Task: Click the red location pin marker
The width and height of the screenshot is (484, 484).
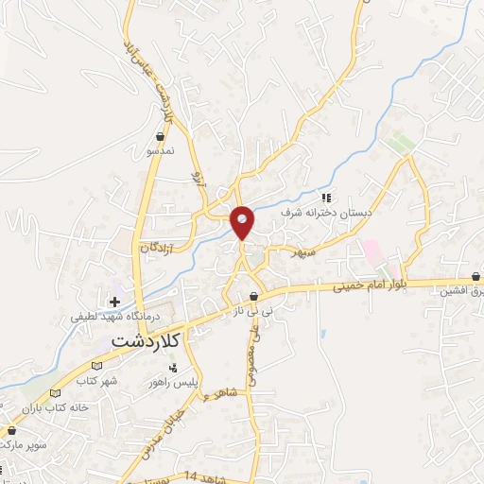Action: pyautogui.click(x=243, y=221)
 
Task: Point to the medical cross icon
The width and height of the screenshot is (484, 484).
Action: pyautogui.click(x=115, y=302)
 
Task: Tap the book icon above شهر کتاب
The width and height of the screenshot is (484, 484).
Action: pyautogui.click(x=96, y=367)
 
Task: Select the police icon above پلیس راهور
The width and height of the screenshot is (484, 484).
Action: pyautogui.click(x=172, y=368)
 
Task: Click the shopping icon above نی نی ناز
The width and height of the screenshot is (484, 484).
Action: pyautogui.click(x=253, y=298)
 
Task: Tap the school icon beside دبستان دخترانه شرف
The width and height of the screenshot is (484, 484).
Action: pyautogui.click(x=326, y=199)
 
